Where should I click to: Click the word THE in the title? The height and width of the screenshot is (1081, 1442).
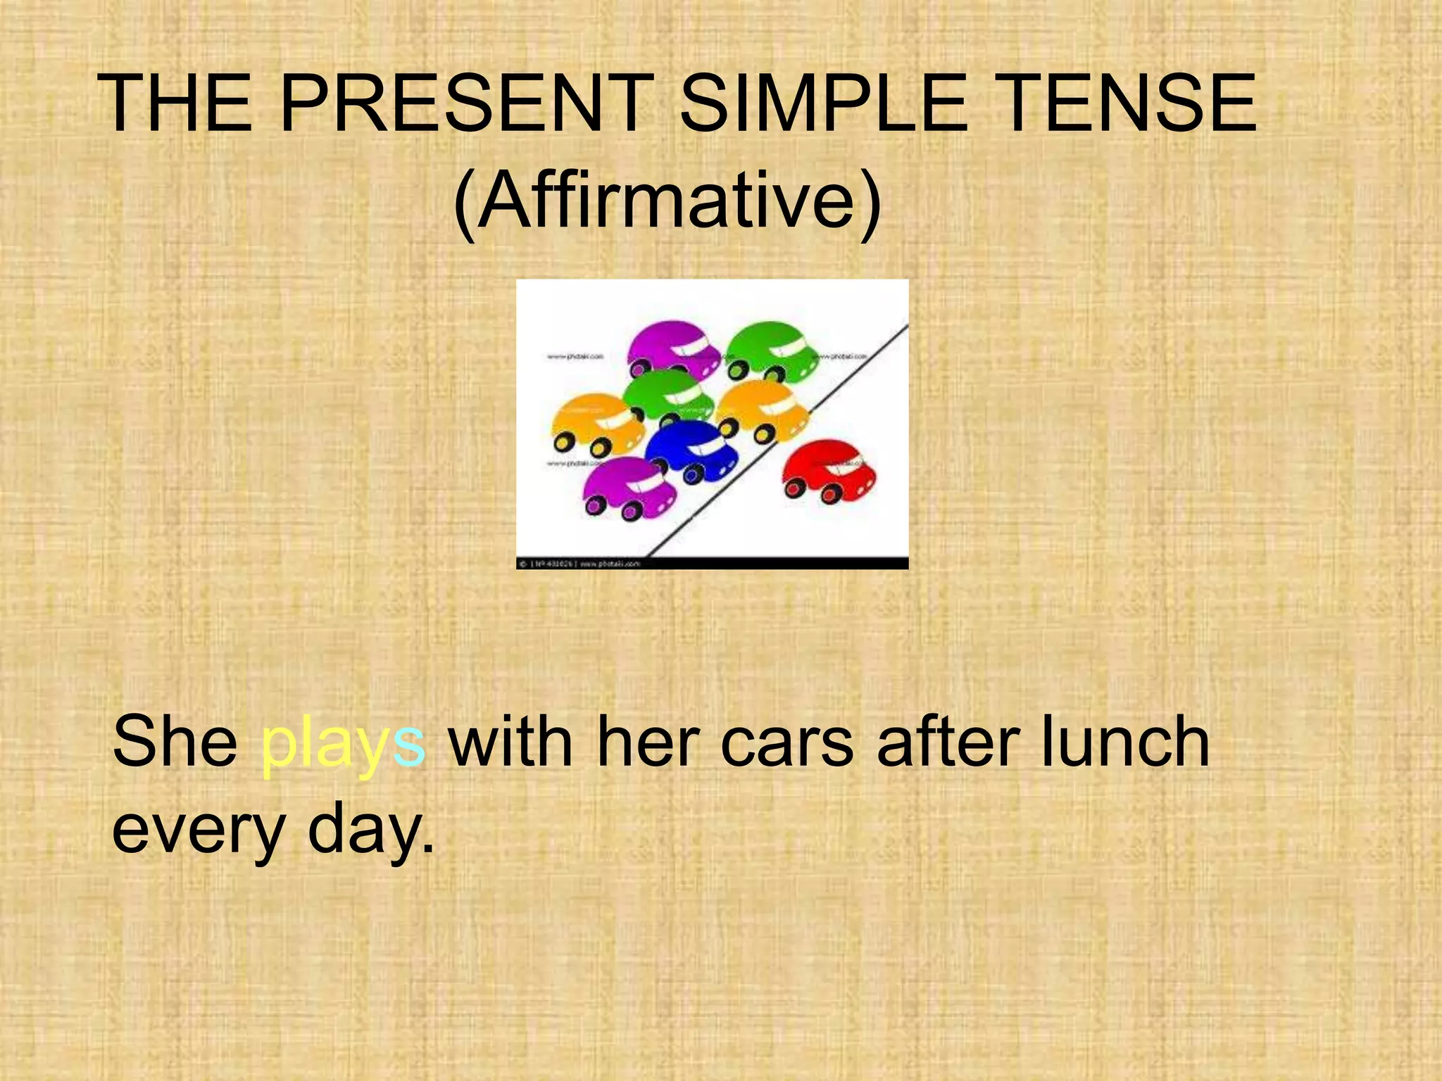[x=176, y=104]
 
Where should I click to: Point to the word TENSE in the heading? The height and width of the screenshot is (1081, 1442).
[x=1127, y=104]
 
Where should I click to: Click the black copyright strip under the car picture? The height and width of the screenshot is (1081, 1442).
[x=712, y=563]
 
